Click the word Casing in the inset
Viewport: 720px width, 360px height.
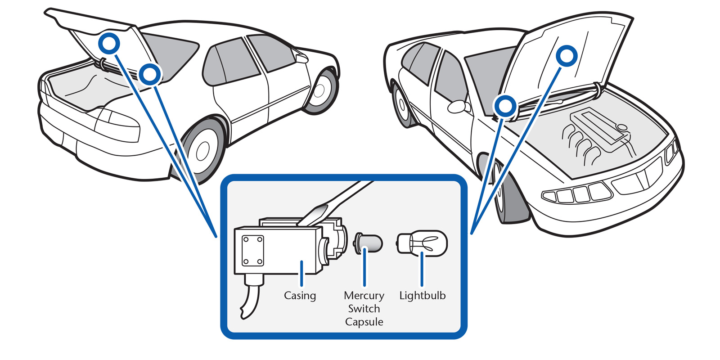300,296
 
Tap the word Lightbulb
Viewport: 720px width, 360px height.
422,296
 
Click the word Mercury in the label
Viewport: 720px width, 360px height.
364,296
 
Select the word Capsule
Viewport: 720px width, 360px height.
364,322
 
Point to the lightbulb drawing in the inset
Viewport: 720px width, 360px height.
422,243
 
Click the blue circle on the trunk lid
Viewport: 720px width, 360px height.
109,43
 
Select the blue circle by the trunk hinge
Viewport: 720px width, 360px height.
149,74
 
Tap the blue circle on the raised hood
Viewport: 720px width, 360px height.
566,56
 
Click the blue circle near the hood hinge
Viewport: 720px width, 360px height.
505,106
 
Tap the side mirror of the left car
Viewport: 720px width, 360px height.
301,58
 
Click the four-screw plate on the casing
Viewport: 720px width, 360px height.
252,251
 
